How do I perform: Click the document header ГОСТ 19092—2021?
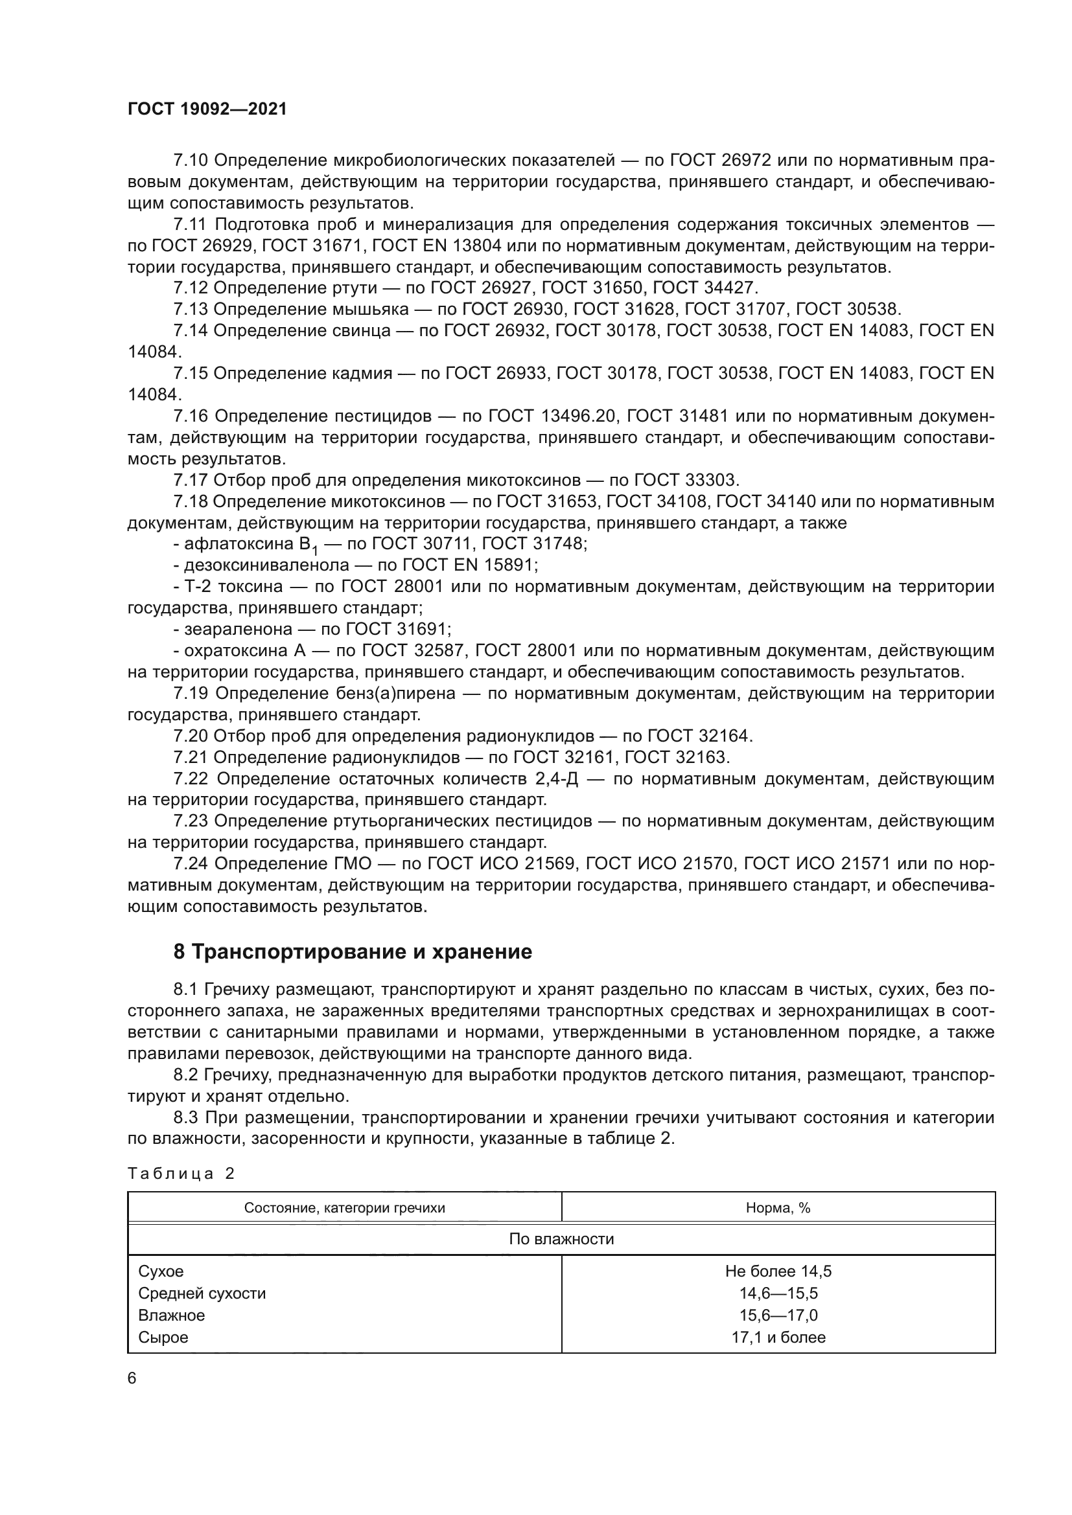pos(207,109)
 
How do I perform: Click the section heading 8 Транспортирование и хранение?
pos(353,952)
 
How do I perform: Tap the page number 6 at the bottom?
pos(132,1378)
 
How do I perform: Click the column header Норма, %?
pos(778,1208)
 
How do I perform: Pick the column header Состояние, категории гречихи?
pos(345,1208)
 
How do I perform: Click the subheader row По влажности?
pos(561,1239)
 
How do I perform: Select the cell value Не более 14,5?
pos(778,1271)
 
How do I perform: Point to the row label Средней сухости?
pos(202,1293)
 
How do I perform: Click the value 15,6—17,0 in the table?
pos(778,1315)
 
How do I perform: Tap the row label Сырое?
pos(163,1338)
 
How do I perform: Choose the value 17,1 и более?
pos(778,1338)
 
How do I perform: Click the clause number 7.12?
pos(190,288)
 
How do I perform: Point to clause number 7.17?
pos(190,480)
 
